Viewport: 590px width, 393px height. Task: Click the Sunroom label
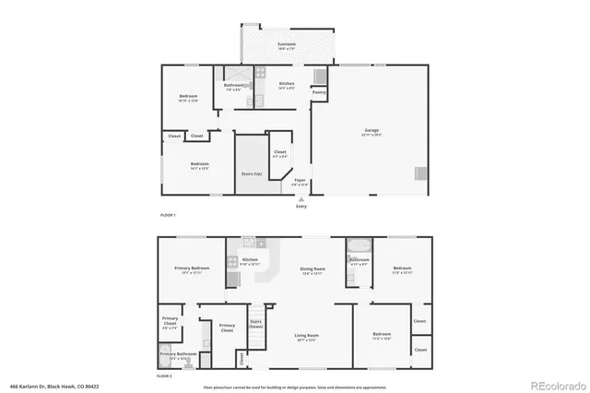tap(287, 44)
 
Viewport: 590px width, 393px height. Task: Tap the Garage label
tap(372, 131)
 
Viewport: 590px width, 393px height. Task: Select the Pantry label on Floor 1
tap(319, 92)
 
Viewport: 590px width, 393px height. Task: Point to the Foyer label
tap(300, 181)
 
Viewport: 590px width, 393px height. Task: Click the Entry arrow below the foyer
tap(301, 198)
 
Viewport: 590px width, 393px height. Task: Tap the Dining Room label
tap(313, 270)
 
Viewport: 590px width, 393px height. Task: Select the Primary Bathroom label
tap(178, 355)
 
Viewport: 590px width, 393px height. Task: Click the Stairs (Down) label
tap(256, 324)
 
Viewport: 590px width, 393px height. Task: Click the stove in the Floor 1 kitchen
tap(261, 72)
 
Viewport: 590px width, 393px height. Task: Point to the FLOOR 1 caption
tap(168, 215)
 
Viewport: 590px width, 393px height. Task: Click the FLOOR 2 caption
tap(164, 375)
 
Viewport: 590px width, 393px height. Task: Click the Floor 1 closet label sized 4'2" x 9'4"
tap(279, 153)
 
